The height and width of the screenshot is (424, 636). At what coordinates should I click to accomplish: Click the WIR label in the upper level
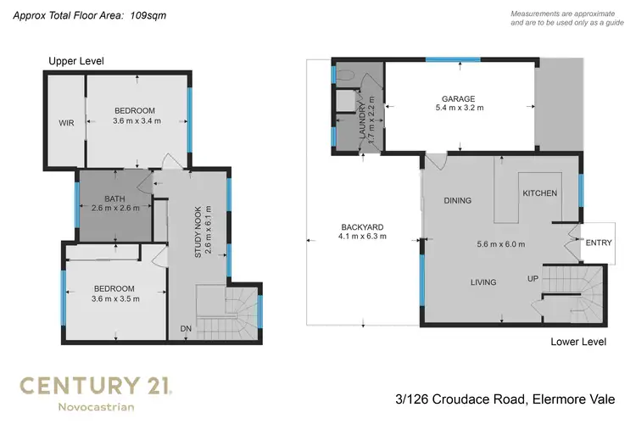(66, 123)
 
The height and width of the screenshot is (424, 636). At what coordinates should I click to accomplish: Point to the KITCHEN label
(539, 193)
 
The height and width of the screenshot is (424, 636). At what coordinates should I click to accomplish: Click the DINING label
(458, 201)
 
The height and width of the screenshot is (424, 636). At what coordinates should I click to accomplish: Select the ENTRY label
(599, 243)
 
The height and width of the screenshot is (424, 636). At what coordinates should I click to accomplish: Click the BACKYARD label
(363, 226)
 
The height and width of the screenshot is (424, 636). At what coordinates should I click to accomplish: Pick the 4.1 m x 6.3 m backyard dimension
(363, 237)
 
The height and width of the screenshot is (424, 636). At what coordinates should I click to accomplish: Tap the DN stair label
(186, 328)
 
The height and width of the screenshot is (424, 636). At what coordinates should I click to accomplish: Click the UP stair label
(533, 278)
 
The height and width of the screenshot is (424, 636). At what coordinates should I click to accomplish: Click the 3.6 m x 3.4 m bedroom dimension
(136, 121)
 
